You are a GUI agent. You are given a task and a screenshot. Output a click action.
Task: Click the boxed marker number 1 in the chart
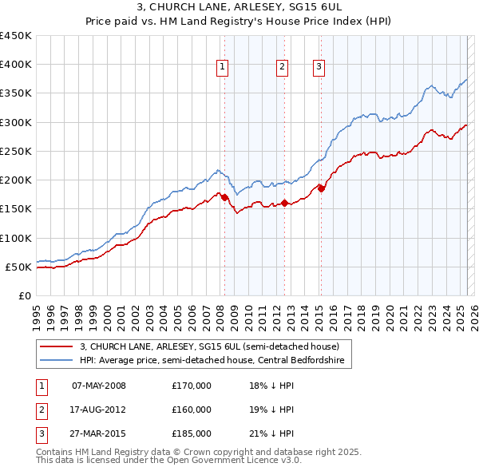pos(221,67)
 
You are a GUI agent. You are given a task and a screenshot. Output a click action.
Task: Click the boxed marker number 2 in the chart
pos(283,67)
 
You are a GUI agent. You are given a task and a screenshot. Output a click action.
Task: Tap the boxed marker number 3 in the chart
pos(319,67)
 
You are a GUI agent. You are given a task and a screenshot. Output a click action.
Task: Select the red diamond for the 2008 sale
pos(224,197)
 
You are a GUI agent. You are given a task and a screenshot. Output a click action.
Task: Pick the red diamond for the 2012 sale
pos(285,204)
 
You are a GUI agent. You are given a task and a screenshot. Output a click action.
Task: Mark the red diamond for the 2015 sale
pos(321,188)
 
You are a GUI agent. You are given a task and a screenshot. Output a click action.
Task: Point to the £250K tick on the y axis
pos(15,151)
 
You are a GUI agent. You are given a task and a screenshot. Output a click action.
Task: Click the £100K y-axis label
pos(15,238)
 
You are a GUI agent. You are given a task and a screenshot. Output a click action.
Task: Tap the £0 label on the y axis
pos(24,295)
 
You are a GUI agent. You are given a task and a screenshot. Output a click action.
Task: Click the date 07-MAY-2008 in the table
pos(99,386)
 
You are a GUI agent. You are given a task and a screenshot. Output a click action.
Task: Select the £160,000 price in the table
pos(191,410)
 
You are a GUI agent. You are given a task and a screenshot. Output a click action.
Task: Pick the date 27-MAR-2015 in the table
pos(99,433)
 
